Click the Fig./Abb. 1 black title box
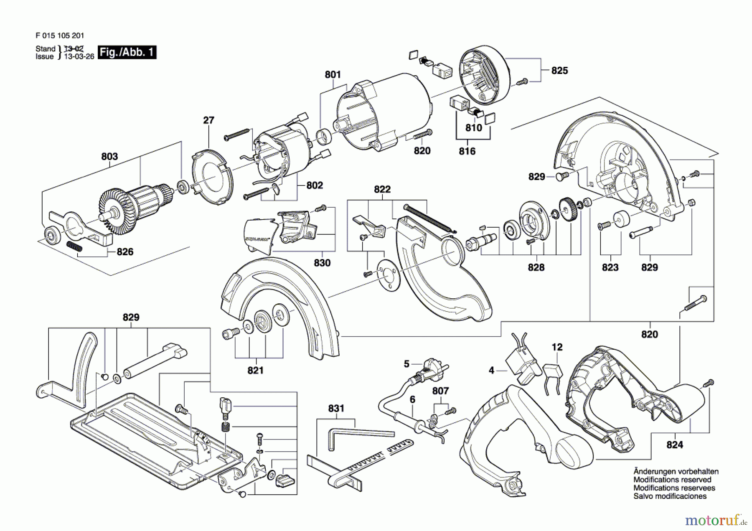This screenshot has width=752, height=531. pos(127,52)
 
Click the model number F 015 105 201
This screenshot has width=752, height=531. pos(60,36)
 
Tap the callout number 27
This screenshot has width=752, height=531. pos(208,120)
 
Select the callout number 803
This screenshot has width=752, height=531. pos(109,157)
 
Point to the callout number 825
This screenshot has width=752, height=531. pos(559,71)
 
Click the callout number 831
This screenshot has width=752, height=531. pos(336,408)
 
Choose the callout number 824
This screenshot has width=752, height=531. pos(675,445)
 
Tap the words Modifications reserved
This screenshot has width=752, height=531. pos(672,480)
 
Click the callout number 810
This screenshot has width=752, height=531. pos(473,128)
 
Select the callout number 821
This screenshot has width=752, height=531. pos(255,370)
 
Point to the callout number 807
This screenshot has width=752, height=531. pos(440,391)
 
